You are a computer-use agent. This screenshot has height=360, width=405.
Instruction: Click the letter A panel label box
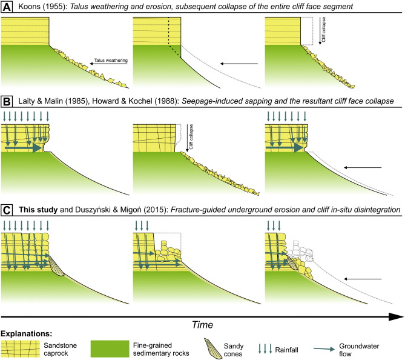[8, 7]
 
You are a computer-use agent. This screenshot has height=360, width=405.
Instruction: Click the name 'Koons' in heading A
[30, 7]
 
